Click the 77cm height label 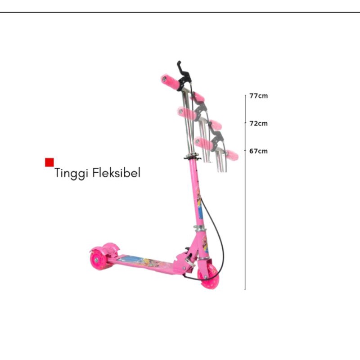258,96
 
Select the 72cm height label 258,123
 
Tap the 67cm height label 258,151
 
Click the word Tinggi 71,173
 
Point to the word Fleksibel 117,173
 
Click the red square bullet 49,162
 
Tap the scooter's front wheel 208,277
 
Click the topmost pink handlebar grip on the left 171,82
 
